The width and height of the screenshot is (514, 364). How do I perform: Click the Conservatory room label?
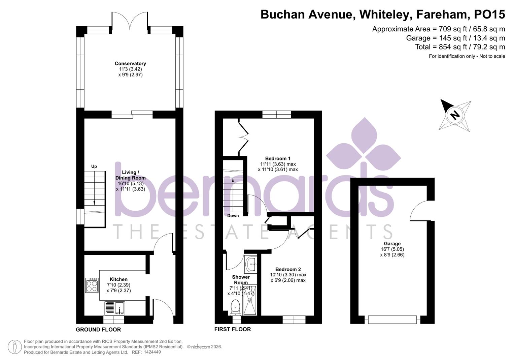(x=130, y=63)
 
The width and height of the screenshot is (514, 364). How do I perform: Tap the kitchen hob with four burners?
(x=92, y=285)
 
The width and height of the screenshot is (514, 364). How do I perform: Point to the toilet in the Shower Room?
(x=235, y=307)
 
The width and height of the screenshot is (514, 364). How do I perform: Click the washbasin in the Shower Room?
(x=251, y=264)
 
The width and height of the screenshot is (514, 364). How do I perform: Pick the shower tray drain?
(x=250, y=300)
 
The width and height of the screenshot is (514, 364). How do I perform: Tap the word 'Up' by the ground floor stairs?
(x=94, y=166)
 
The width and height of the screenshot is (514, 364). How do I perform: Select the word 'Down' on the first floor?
(x=233, y=216)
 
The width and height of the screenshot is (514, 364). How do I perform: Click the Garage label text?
(x=392, y=244)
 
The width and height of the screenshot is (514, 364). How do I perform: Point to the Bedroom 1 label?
(x=278, y=158)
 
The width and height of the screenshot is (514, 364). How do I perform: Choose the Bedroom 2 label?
(x=288, y=269)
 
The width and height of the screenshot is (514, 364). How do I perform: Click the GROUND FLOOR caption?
(x=98, y=330)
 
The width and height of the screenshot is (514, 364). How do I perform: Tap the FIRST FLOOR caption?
(x=233, y=329)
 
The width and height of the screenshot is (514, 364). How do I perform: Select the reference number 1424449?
(x=152, y=352)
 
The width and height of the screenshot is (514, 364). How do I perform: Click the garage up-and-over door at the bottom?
(x=392, y=319)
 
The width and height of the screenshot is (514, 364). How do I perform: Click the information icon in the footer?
(x=15, y=347)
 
